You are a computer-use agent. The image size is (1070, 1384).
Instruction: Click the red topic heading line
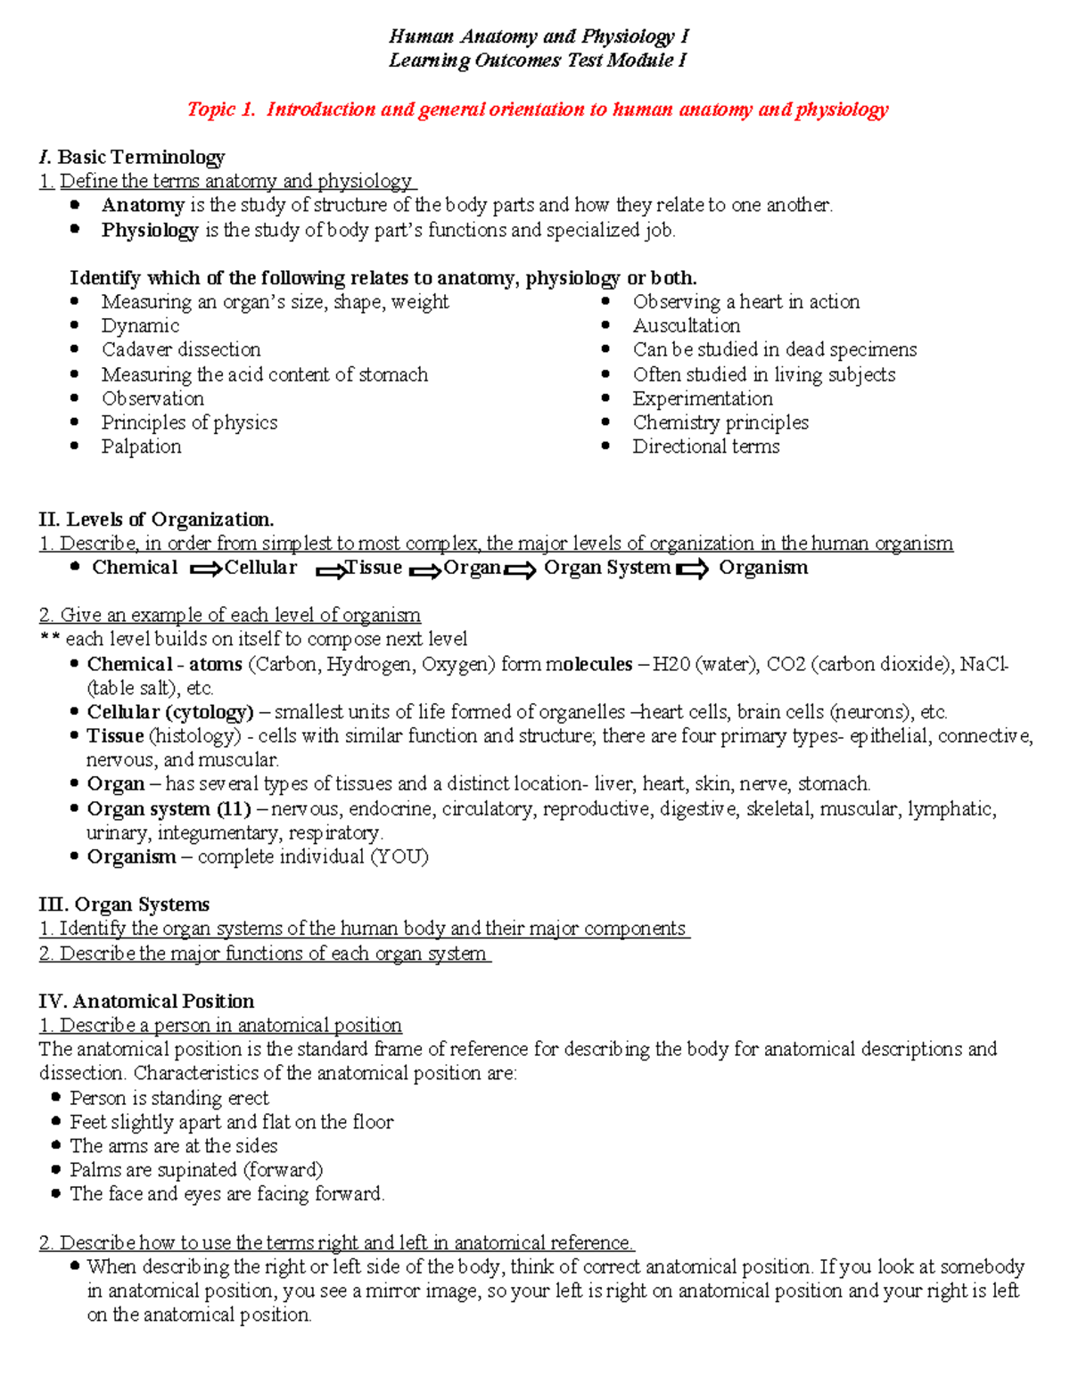pyautogui.click(x=538, y=110)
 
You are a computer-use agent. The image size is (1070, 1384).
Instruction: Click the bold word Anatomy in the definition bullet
pyautogui.click(x=142, y=205)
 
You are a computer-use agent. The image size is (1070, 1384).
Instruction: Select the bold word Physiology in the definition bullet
pyautogui.click(x=149, y=230)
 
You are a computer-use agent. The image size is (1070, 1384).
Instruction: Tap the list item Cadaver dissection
pyautogui.click(x=181, y=349)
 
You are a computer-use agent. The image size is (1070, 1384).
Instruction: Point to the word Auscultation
pyautogui.click(x=687, y=325)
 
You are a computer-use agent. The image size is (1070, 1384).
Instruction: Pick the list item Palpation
pyautogui.click(x=141, y=446)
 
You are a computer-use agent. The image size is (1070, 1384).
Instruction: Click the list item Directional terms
pyautogui.click(x=706, y=446)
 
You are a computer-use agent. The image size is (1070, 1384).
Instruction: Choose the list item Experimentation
pyautogui.click(x=703, y=398)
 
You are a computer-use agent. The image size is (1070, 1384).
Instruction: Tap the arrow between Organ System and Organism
pyautogui.click(x=693, y=569)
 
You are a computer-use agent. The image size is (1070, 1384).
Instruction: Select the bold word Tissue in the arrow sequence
pyautogui.click(x=374, y=568)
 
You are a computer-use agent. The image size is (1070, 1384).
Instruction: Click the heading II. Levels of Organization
pyautogui.click(x=156, y=520)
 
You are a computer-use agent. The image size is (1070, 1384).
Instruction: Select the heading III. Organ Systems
pyautogui.click(x=124, y=905)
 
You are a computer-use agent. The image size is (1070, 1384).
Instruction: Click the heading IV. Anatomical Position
pyautogui.click(x=146, y=1001)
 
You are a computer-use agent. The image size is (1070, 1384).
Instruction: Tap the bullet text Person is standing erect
pyautogui.click(x=169, y=1098)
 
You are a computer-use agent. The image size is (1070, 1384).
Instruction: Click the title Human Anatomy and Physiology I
pyautogui.click(x=539, y=37)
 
